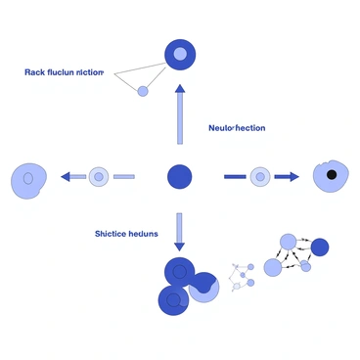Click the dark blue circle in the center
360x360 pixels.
click(179, 177)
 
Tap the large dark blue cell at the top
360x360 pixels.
click(179, 54)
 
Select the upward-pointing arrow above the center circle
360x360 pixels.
click(179, 115)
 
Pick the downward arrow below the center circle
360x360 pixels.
click(179, 230)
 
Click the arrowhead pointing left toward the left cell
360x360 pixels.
click(66, 177)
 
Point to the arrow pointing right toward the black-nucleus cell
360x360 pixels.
click(287, 177)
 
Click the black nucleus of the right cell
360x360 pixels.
click(333, 175)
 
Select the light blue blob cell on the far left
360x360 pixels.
click(29, 179)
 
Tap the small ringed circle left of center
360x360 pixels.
click(99, 177)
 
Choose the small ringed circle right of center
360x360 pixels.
click(259, 177)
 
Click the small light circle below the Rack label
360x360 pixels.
click(143, 91)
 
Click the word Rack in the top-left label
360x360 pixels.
click(36, 72)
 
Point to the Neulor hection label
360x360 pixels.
click(236, 128)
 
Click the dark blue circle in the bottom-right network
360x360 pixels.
click(319, 247)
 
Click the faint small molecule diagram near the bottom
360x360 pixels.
click(243, 278)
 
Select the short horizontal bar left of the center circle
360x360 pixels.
click(124, 177)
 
